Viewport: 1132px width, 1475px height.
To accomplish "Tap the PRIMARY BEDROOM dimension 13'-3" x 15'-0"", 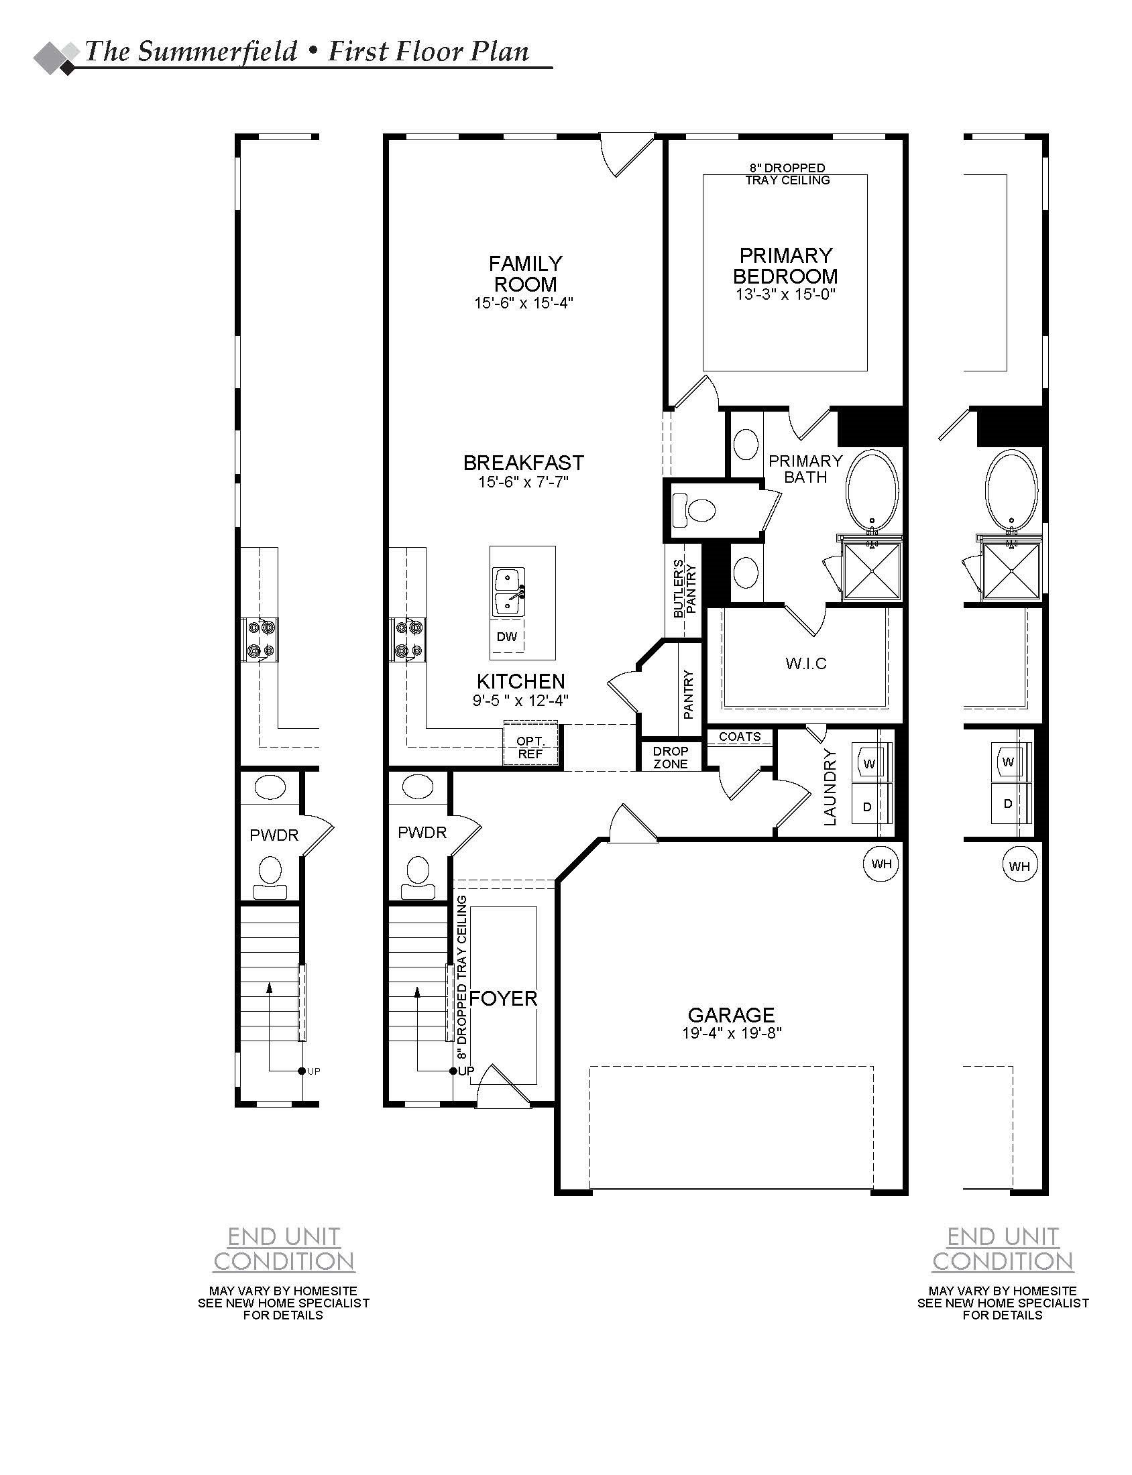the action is pos(786,294).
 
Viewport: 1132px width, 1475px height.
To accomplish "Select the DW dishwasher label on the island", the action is pos(506,636).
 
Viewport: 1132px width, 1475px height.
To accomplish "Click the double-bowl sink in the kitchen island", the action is pos(509,592).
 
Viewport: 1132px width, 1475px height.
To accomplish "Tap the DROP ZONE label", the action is pos(671,757).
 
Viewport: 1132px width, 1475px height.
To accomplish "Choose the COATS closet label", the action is pos(739,736).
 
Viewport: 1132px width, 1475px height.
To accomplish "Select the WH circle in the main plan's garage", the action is pos(881,864).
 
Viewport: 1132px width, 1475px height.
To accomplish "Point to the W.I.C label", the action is pos(805,663).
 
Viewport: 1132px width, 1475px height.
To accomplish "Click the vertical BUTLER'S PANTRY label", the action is pos(684,588).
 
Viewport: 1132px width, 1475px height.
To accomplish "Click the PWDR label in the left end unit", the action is pos(274,835).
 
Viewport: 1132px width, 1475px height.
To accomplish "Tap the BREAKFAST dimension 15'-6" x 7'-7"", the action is pos(523,482).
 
